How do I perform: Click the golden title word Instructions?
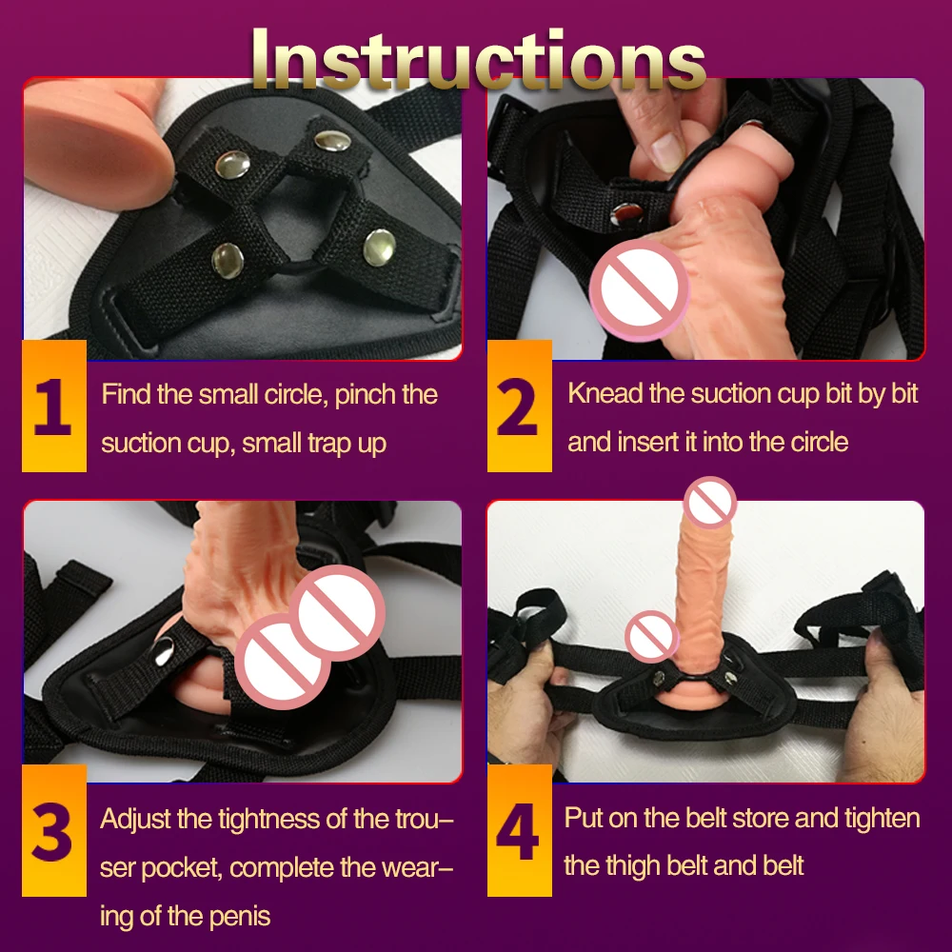(479, 59)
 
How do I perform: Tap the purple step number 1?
(52, 407)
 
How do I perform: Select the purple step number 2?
(517, 407)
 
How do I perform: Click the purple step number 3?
(51, 832)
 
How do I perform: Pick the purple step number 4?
(518, 832)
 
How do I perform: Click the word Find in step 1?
(126, 394)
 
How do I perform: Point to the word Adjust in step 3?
(135, 820)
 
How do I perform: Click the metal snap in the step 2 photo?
(626, 213)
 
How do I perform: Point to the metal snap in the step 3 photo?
(164, 653)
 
